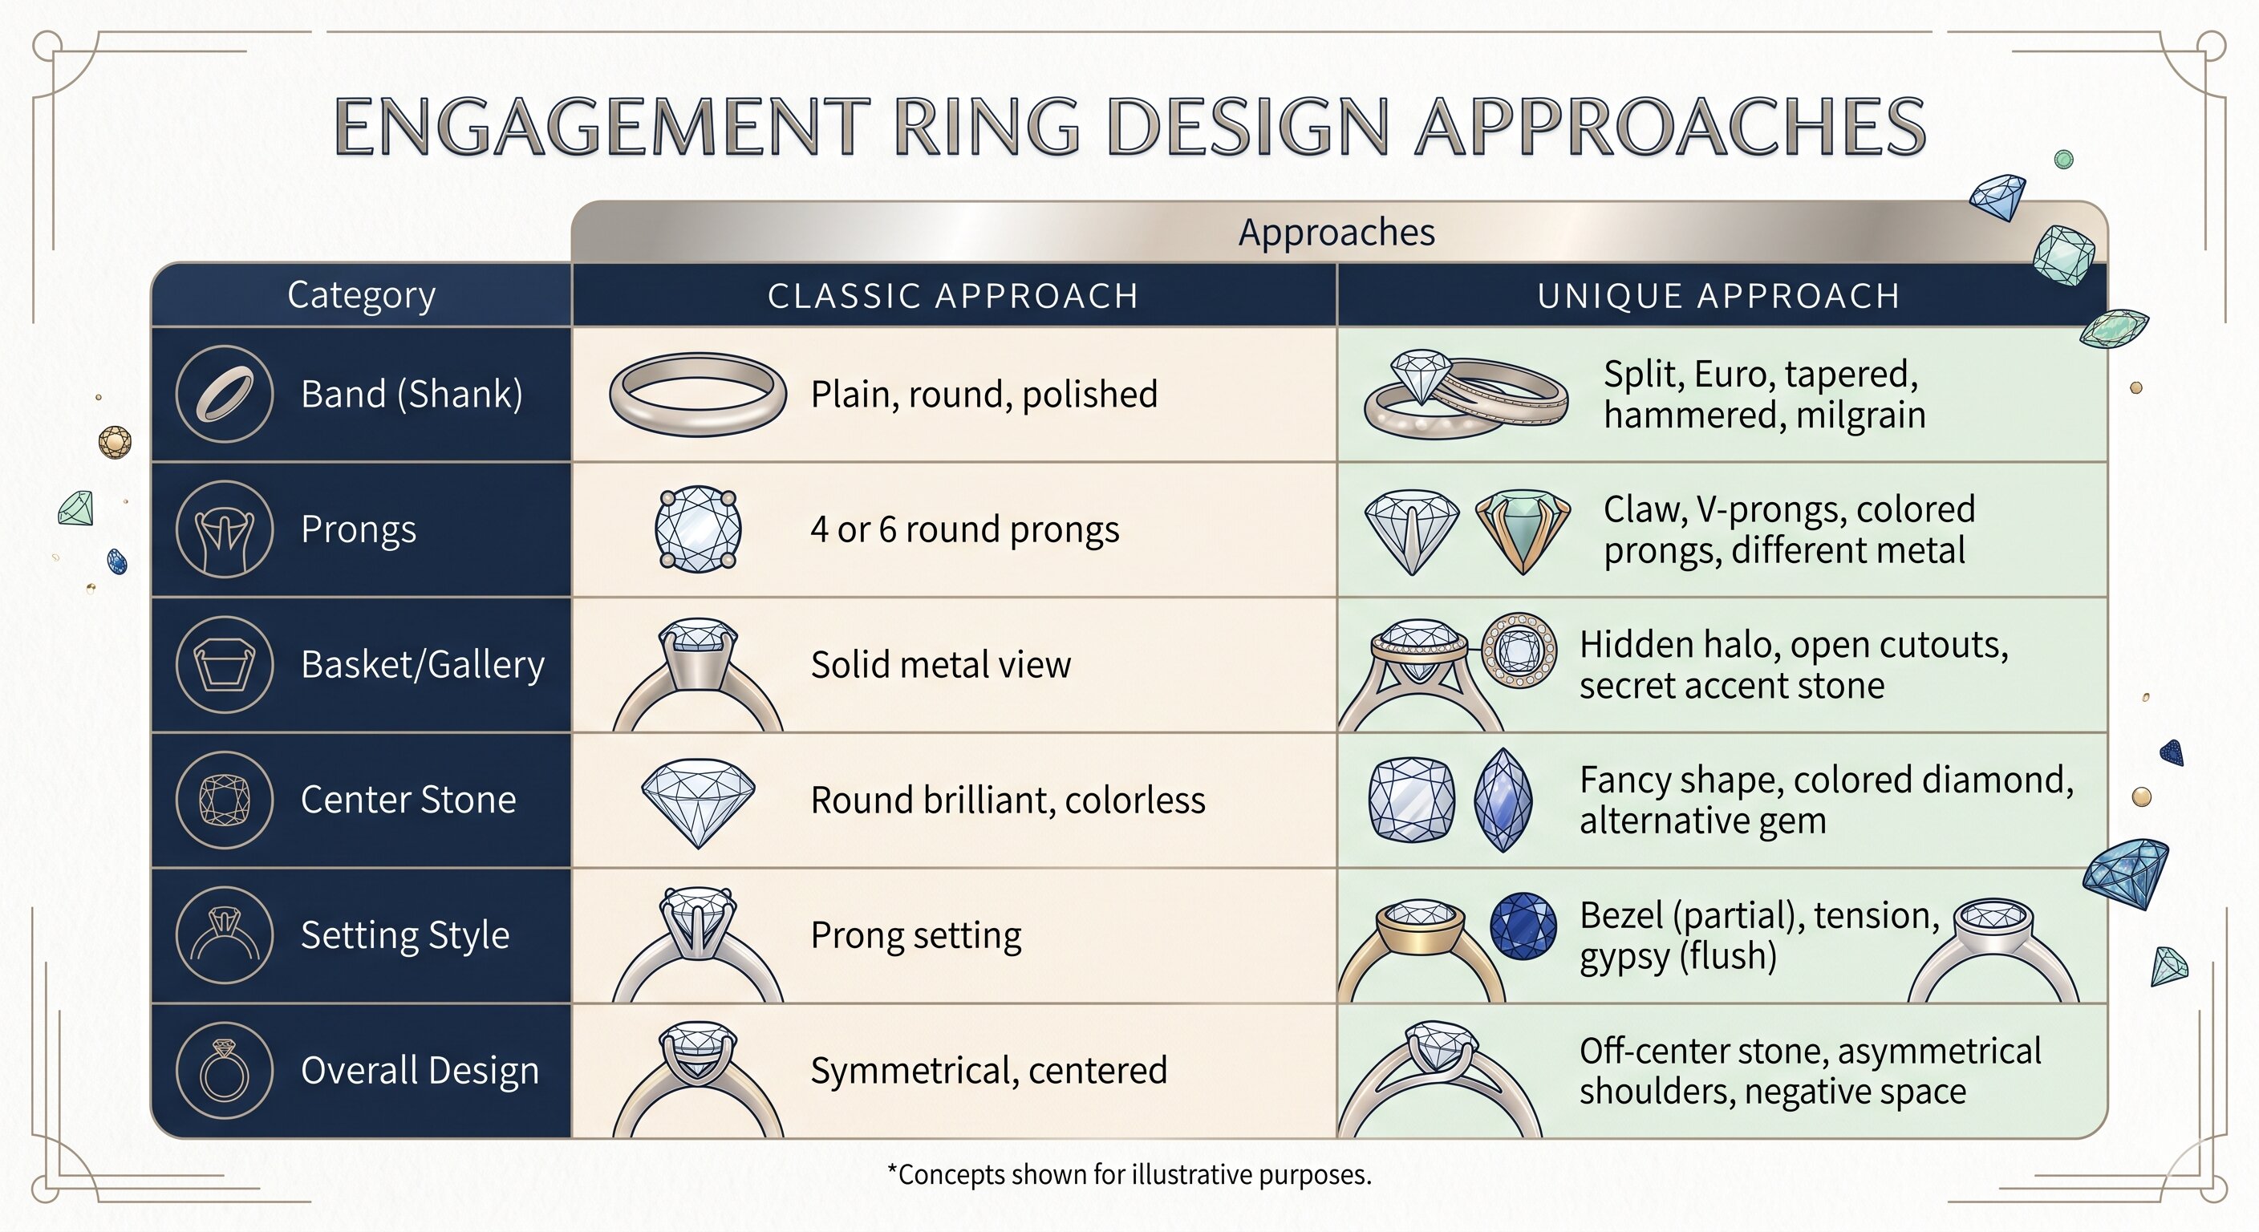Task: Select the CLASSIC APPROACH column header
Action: click(953, 295)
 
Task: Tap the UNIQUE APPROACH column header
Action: click(1719, 295)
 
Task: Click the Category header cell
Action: click(361, 295)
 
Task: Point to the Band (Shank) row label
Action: click(412, 394)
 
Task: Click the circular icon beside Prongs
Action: click(225, 529)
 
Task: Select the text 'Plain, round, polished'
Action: click(984, 395)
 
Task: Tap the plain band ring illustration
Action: click(697, 394)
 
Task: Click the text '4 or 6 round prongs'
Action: click(964, 529)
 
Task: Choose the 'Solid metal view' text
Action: click(940, 665)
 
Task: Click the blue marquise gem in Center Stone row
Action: click(1504, 800)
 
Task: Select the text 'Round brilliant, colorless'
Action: click(1008, 800)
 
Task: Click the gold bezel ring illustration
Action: click(1421, 950)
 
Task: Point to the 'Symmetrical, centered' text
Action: click(988, 1071)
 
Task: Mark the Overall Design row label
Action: click(420, 1071)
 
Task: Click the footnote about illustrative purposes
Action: click(1129, 1174)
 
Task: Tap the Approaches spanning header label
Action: click(1336, 233)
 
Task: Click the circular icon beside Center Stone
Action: click(225, 800)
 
